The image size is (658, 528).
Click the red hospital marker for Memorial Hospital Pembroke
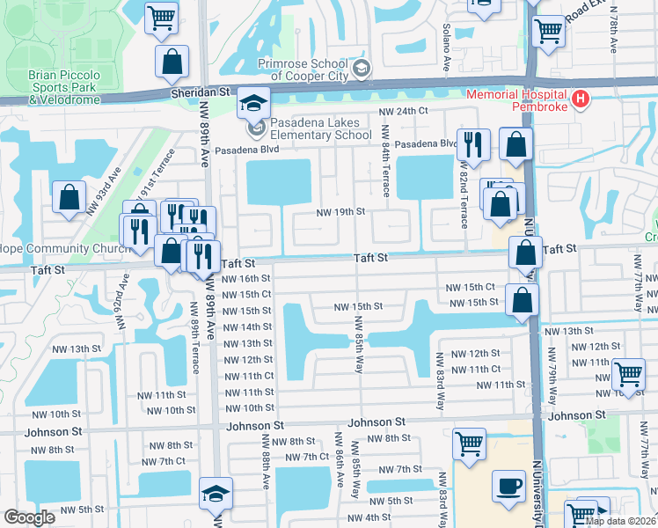(580, 101)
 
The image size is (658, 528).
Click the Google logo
(29, 517)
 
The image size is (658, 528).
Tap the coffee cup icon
(508, 486)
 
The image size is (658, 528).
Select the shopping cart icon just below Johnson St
(470, 443)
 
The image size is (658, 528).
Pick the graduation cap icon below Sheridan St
(252, 106)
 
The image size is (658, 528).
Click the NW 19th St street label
(341, 212)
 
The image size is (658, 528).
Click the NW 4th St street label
(368, 517)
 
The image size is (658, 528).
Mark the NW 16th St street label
(246, 278)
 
